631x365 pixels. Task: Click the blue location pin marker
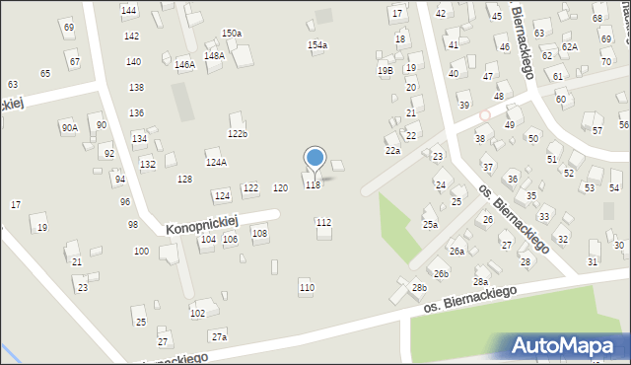(x=315, y=158)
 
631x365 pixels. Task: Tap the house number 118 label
(x=313, y=185)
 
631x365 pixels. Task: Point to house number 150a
(x=232, y=34)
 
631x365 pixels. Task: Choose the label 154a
(x=316, y=45)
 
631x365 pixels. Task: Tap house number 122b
(x=238, y=133)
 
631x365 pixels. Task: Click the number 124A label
(x=216, y=163)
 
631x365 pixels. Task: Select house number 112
(x=323, y=223)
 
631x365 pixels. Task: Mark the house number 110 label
(x=307, y=287)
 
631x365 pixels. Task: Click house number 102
(x=197, y=313)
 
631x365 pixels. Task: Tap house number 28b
(x=419, y=287)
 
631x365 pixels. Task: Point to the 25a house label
(x=431, y=225)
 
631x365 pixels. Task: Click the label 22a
(x=392, y=151)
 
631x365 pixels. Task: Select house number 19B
(x=386, y=70)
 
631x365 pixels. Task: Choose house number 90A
(x=69, y=127)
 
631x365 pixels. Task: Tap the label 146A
(x=184, y=65)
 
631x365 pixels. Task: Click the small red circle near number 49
(x=484, y=115)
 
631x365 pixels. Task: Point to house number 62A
(x=569, y=46)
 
